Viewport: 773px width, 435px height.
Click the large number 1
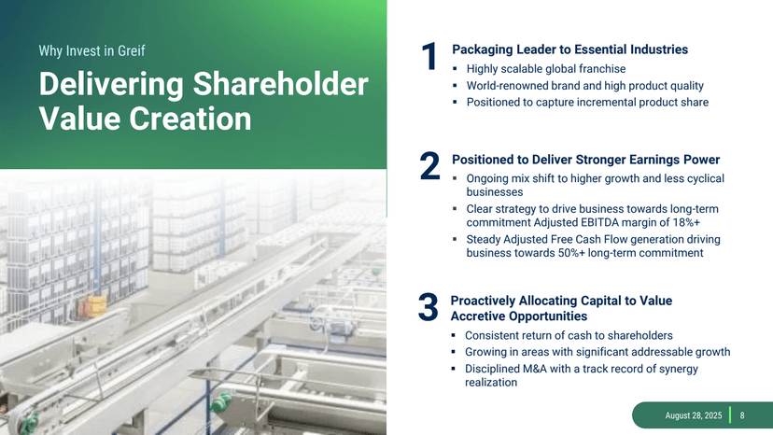(430, 58)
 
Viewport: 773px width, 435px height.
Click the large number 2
(430, 169)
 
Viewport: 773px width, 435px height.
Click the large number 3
(429, 310)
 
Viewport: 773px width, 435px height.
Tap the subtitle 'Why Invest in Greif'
(91, 49)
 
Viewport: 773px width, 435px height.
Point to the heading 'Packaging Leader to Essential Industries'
(569, 49)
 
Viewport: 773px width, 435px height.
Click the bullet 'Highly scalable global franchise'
(545, 69)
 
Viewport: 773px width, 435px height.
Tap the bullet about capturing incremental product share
(587, 103)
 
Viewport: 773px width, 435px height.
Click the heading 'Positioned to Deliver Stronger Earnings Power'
(585, 160)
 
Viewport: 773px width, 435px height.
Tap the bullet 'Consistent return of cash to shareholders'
(569, 335)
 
